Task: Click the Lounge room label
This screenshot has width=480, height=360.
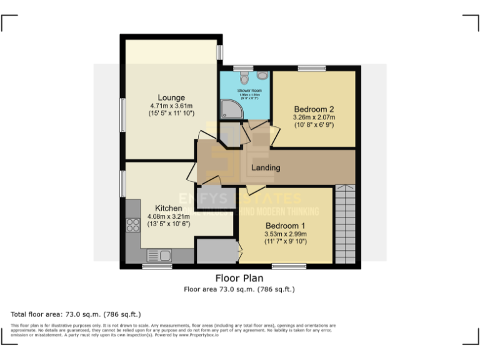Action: (171, 97)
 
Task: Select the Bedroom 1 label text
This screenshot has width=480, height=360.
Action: (285, 226)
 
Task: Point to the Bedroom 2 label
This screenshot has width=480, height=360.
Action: (314, 109)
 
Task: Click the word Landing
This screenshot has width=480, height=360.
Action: (266, 167)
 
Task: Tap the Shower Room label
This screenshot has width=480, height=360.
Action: (249, 91)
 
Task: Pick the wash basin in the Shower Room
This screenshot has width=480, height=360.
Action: (262, 75)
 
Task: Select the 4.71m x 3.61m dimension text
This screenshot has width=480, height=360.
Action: (171, 106)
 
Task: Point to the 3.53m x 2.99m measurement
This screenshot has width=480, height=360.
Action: (285, 234)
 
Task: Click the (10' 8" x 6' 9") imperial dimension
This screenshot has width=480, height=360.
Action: (314, 124)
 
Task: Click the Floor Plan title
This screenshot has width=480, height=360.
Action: (239, 278)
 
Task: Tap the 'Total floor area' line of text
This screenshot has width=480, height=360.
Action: (76, 314)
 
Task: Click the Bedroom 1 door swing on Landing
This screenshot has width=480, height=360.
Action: (254, 190)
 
